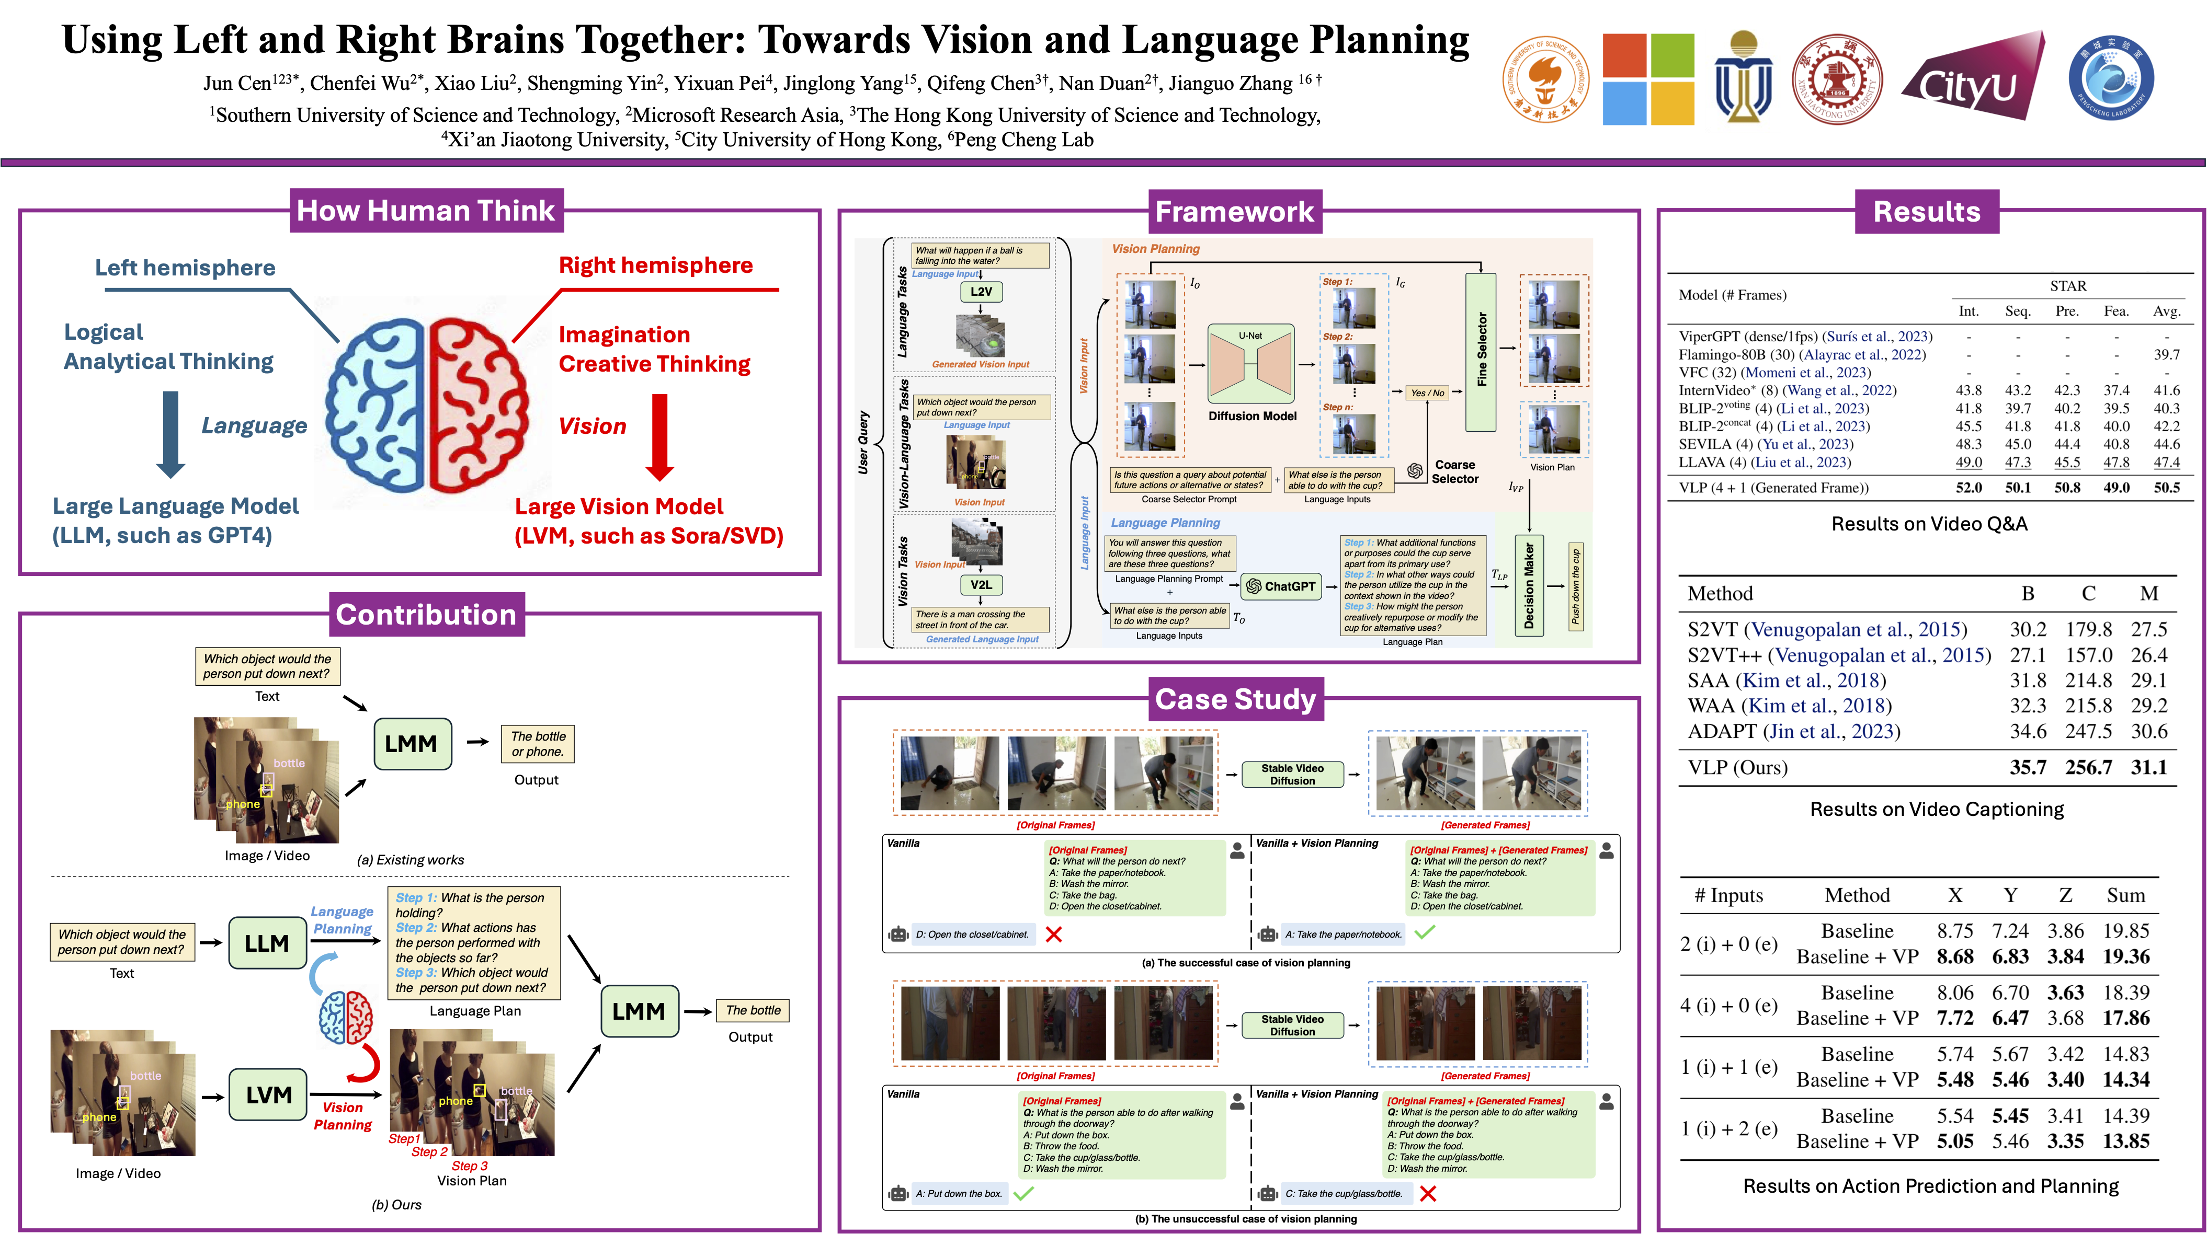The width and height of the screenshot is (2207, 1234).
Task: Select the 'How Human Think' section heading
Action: click(426, 211)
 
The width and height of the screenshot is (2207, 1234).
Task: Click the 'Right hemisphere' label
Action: click(655, 266)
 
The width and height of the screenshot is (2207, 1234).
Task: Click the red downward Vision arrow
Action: click(659, 437)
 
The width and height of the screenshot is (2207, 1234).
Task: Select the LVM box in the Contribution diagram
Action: click(268, 1094)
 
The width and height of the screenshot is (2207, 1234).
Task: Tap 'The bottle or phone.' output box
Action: click(538, 743)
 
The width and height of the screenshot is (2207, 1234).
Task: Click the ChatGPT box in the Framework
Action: click(1281, 586)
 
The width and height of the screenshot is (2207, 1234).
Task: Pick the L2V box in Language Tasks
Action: click(981, 291)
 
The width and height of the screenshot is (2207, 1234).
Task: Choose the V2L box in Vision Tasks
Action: click(981, 585)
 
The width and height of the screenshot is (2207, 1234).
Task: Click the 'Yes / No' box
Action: click(1427, 393)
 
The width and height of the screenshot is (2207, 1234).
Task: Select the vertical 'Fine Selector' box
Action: click(1481, 351)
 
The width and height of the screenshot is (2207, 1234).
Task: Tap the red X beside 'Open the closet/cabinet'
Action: click(1054, 935)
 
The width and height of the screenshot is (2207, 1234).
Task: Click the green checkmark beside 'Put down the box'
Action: click(1023, 1193)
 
